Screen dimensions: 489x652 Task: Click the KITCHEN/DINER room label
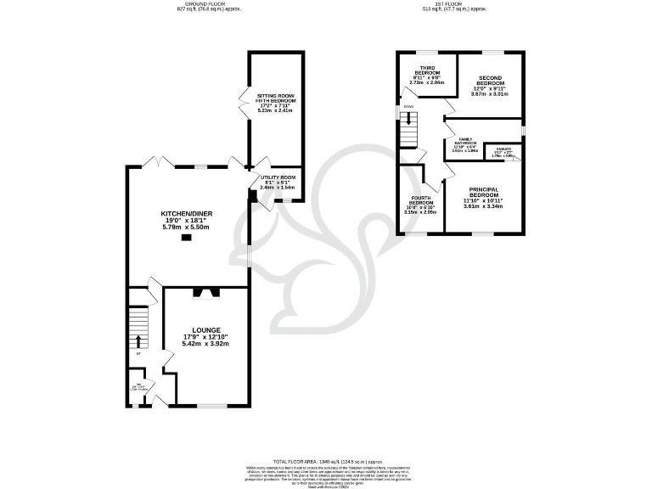tap(189, 213)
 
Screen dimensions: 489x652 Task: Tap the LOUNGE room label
tap(206, 330)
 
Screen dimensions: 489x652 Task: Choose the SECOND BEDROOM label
tap(488, 80)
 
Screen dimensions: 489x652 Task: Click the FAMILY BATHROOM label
tap(467, 141)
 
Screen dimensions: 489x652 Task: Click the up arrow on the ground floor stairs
tap(137, 341)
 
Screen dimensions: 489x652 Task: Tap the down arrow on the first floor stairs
tap(411, 121)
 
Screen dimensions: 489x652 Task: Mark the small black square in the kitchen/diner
tap(188, 238)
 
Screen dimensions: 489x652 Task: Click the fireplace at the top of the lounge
tap(206, 293)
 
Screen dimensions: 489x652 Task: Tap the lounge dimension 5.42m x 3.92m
tap(206, 345)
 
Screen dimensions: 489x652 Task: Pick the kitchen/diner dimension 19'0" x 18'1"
tap(189, 221)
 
